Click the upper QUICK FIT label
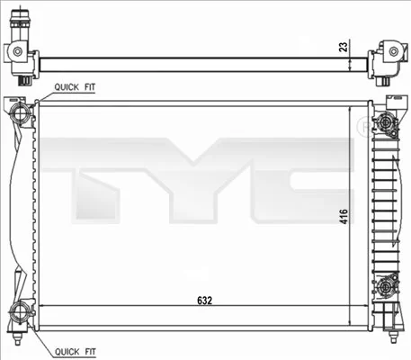pyautogui.click(x=76, y=86)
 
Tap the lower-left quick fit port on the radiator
pyautogui.click(x=21, y=314)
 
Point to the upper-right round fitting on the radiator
pyautogui.click(x=387, y=123)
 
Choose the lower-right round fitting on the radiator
pyautogui.click(x=387, y=286)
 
